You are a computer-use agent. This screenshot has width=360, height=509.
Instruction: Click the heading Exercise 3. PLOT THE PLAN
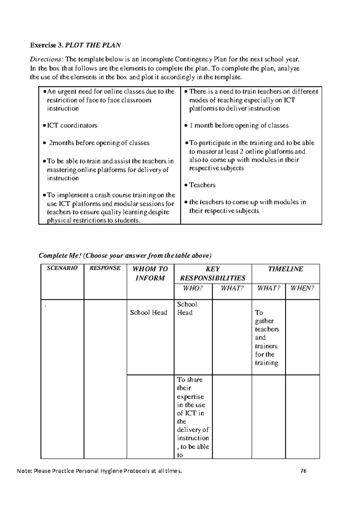pyautogui.click(x=75, y=45)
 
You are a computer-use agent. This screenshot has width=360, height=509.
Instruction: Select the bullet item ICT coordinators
pyautogui.click(x=72, y=125)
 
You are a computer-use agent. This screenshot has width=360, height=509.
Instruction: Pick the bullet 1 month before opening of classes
pyautogui.click(x=239, y=125)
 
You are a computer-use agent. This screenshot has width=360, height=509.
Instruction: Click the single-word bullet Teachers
pyautogui.click(x=202, y=185)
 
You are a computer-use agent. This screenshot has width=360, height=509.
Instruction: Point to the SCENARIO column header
pyautogui.click(x=62, y=268)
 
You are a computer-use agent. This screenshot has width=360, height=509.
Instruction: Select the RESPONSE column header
pyautogui.click(x=105, y=268)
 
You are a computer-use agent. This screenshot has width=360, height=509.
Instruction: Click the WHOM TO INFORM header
pyautogui.click(x=150, y=273)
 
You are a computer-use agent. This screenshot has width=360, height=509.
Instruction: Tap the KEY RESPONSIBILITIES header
pyautogui.click(x=212, y=273)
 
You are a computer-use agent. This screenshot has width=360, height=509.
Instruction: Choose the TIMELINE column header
pyautogui.click(x=285, y=269)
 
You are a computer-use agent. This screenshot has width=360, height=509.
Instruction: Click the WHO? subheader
pyautogui.click(x=193, y=288)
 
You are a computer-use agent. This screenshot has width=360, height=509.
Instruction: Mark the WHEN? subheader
pyautogui.click(x=302, y=288)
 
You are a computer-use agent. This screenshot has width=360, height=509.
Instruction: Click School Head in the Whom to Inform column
pyautogui.click(x=148, y=313)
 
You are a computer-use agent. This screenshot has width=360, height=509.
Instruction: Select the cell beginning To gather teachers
pyautogui.click(x=266, y=337)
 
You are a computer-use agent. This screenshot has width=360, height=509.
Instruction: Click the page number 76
pyautogui.click(x=303, y=471)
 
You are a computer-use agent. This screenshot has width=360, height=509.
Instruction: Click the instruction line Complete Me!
pyautogui.click(x=125, y=255)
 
